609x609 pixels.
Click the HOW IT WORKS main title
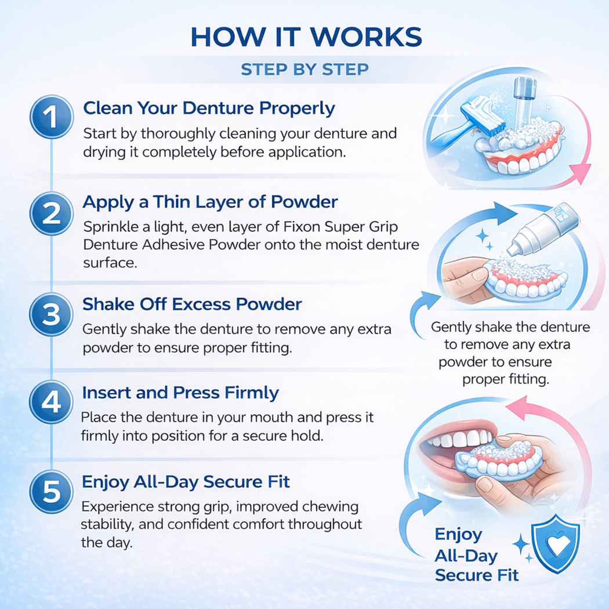[306, 37]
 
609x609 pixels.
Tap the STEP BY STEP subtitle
[304, 70]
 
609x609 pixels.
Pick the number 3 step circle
[52, 315]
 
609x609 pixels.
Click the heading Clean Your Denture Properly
[209, 108]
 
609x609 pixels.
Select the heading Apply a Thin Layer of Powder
[210, 202]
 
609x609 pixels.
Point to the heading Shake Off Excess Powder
[192, 304]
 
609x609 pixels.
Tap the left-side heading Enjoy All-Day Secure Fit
[186, 481]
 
